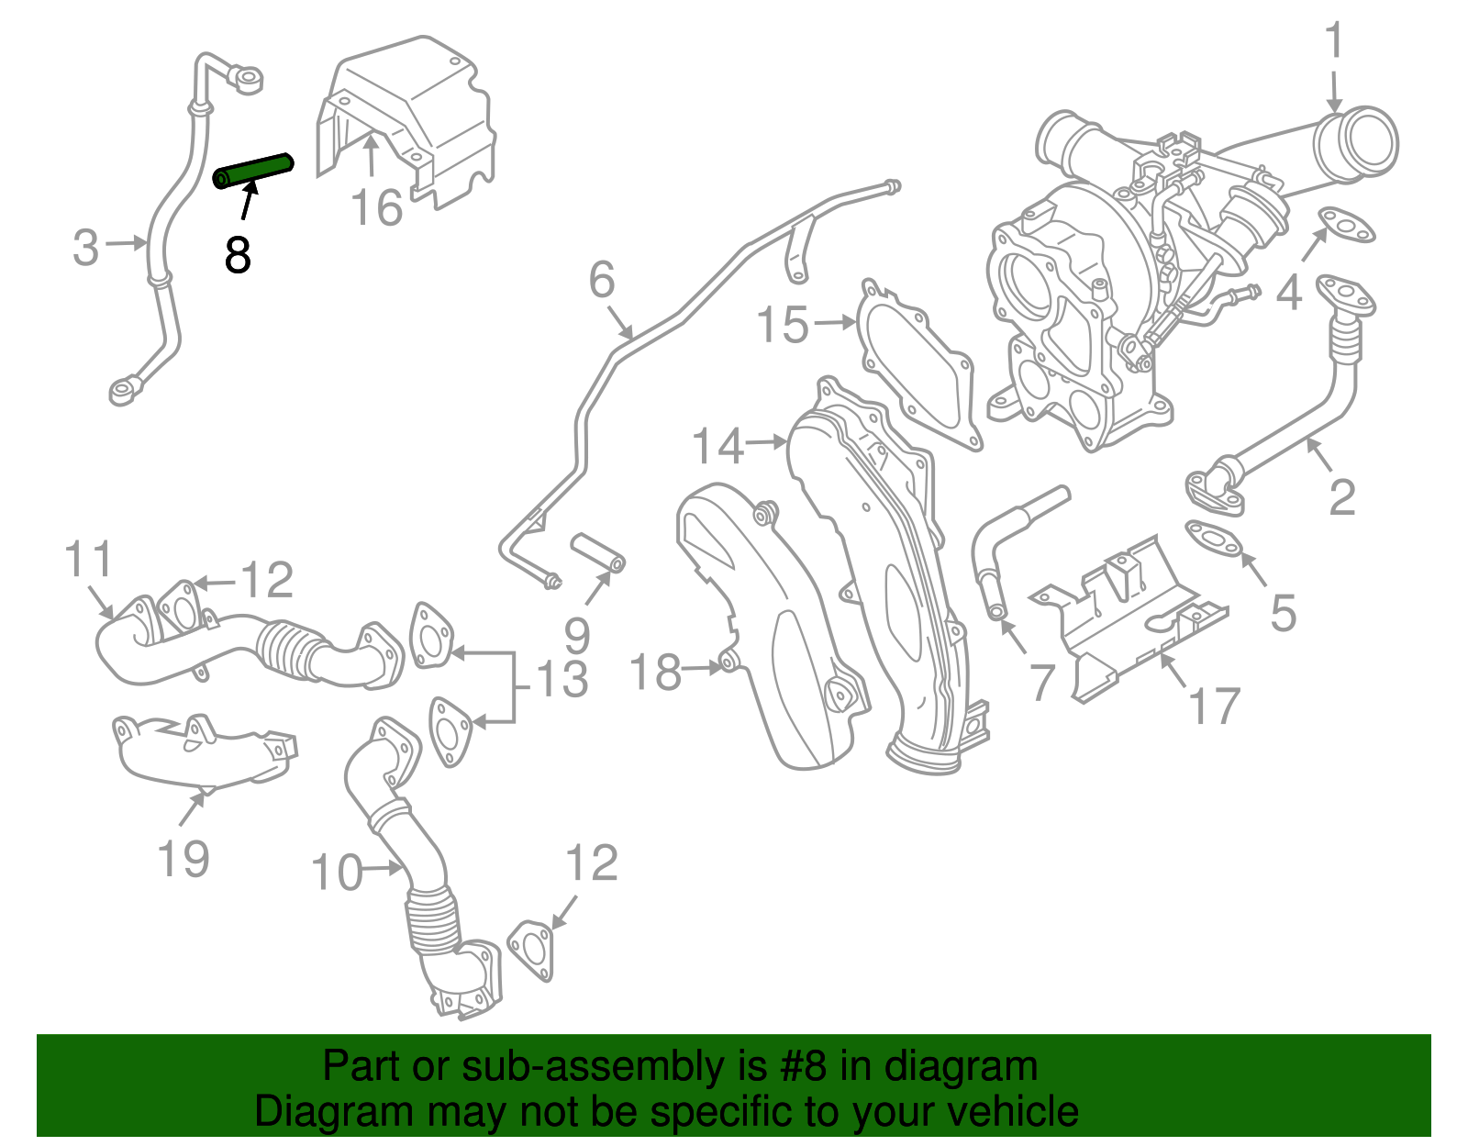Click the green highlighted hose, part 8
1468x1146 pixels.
coord(253,171)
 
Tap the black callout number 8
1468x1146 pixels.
coord(238,254)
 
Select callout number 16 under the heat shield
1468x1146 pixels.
coord(377,208)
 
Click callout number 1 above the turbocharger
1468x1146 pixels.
coord(1334,42)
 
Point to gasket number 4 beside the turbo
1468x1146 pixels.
coord(1347,225)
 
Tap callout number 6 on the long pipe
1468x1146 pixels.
coord(602,280)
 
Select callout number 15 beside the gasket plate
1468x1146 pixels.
coord(783,325)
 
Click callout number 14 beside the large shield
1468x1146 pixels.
coord(717,447)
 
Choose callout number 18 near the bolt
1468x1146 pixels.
coord(655,673)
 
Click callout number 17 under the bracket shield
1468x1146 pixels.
coord(1214,706)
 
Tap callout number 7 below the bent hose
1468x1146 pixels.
coord(1041,683)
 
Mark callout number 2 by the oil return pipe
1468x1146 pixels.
coord(1341,497)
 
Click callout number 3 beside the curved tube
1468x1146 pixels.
coord(85,248)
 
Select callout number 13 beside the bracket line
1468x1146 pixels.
coord(562,680)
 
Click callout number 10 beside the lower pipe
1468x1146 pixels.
coord(337,873)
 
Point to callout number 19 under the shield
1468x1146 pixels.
coord(183,859)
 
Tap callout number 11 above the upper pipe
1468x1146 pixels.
coord(89,559)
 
